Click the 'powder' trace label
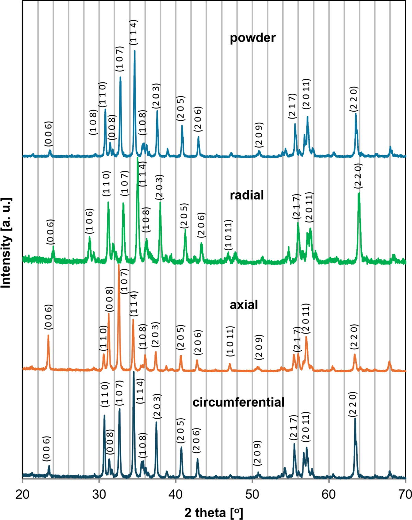252,38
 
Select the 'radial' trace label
247,195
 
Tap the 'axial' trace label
243,305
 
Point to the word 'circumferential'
238,402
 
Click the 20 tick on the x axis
22,494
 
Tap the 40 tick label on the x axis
175,494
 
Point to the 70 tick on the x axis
405,494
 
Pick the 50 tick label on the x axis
252,494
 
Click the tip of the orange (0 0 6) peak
48,335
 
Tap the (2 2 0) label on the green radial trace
358,176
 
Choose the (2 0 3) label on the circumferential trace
157,406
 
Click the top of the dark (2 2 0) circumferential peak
355,418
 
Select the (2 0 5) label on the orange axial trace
181,337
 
